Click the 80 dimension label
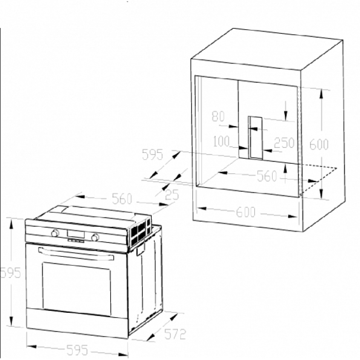click(218, 116)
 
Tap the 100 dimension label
click(221, 141)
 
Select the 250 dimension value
click(284, 143)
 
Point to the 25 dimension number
click(172, 195)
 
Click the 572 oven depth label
click(175, 334)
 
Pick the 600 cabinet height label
click(319, 144)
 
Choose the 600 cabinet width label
click(246, 212)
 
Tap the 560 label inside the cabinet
click(267, 176)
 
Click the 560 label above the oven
click(122, 198)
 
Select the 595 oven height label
click(10, 273)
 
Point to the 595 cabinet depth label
click(153, 154)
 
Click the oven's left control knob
click(54, 233)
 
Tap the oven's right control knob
click(95, 238)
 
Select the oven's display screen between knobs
click(76, 234)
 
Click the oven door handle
click(76, 254)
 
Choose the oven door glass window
click(76, 289)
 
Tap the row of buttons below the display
click(76, 241)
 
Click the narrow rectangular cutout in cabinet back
click(255, 138)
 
